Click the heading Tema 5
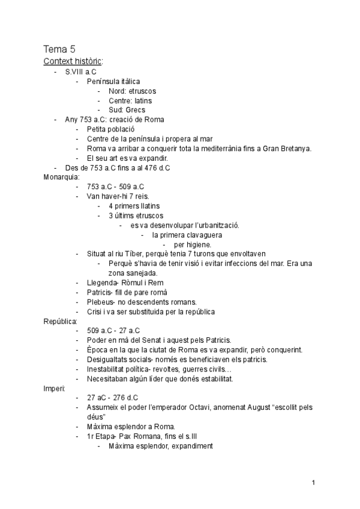click(59, 50)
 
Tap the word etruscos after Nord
click(142, 91)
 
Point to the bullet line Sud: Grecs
click(127, 110)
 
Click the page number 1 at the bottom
click(314, 482)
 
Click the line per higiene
click(192, 244)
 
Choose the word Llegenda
click(103, 283)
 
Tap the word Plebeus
click(101, 301)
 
